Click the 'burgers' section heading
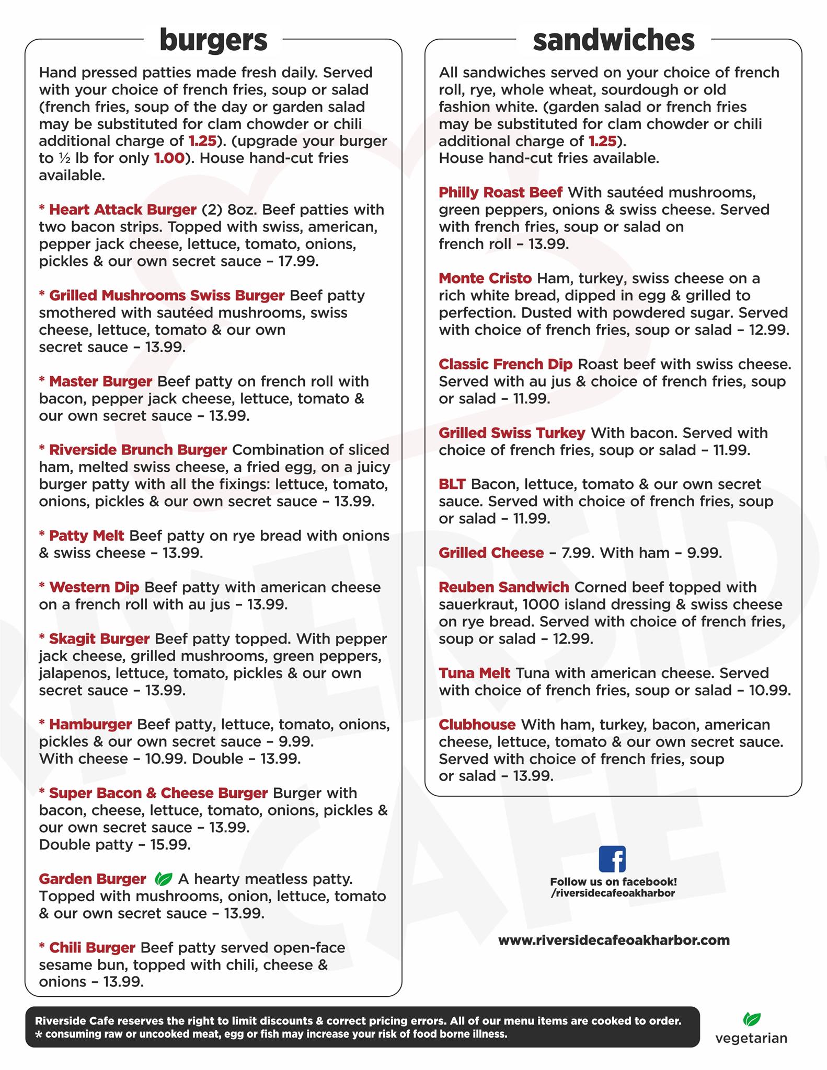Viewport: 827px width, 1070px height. (x=213, y=41)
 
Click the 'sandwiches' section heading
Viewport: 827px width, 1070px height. (x=613, y=41)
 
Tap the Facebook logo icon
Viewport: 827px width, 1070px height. (x=612, y=858)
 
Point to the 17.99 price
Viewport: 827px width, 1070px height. (x=298, y=261)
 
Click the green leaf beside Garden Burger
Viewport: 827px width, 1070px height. (x=163, y=879)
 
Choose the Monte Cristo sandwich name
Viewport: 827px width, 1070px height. (x=485, y=278)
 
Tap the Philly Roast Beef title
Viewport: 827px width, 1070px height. (x=500, y=192)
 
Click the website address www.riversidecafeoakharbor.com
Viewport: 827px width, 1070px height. (x=614, y=940)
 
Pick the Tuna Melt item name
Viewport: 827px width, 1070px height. (x=474, y=673)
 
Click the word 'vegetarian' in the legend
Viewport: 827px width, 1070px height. (x=751, y=1038)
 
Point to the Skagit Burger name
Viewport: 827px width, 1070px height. (x=99, y=638)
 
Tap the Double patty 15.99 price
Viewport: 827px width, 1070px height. (x=170, y=844)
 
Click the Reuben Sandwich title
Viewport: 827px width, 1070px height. (x=503, y=587)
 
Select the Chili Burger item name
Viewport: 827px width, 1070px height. (x=92, y=947)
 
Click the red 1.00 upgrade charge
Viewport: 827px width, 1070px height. (x=169, y=158)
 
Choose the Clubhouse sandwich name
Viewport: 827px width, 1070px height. (x=477, y=725)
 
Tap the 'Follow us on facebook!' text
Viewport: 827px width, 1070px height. (x=613, y=882)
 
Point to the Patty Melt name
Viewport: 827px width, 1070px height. (x=86, y=536)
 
